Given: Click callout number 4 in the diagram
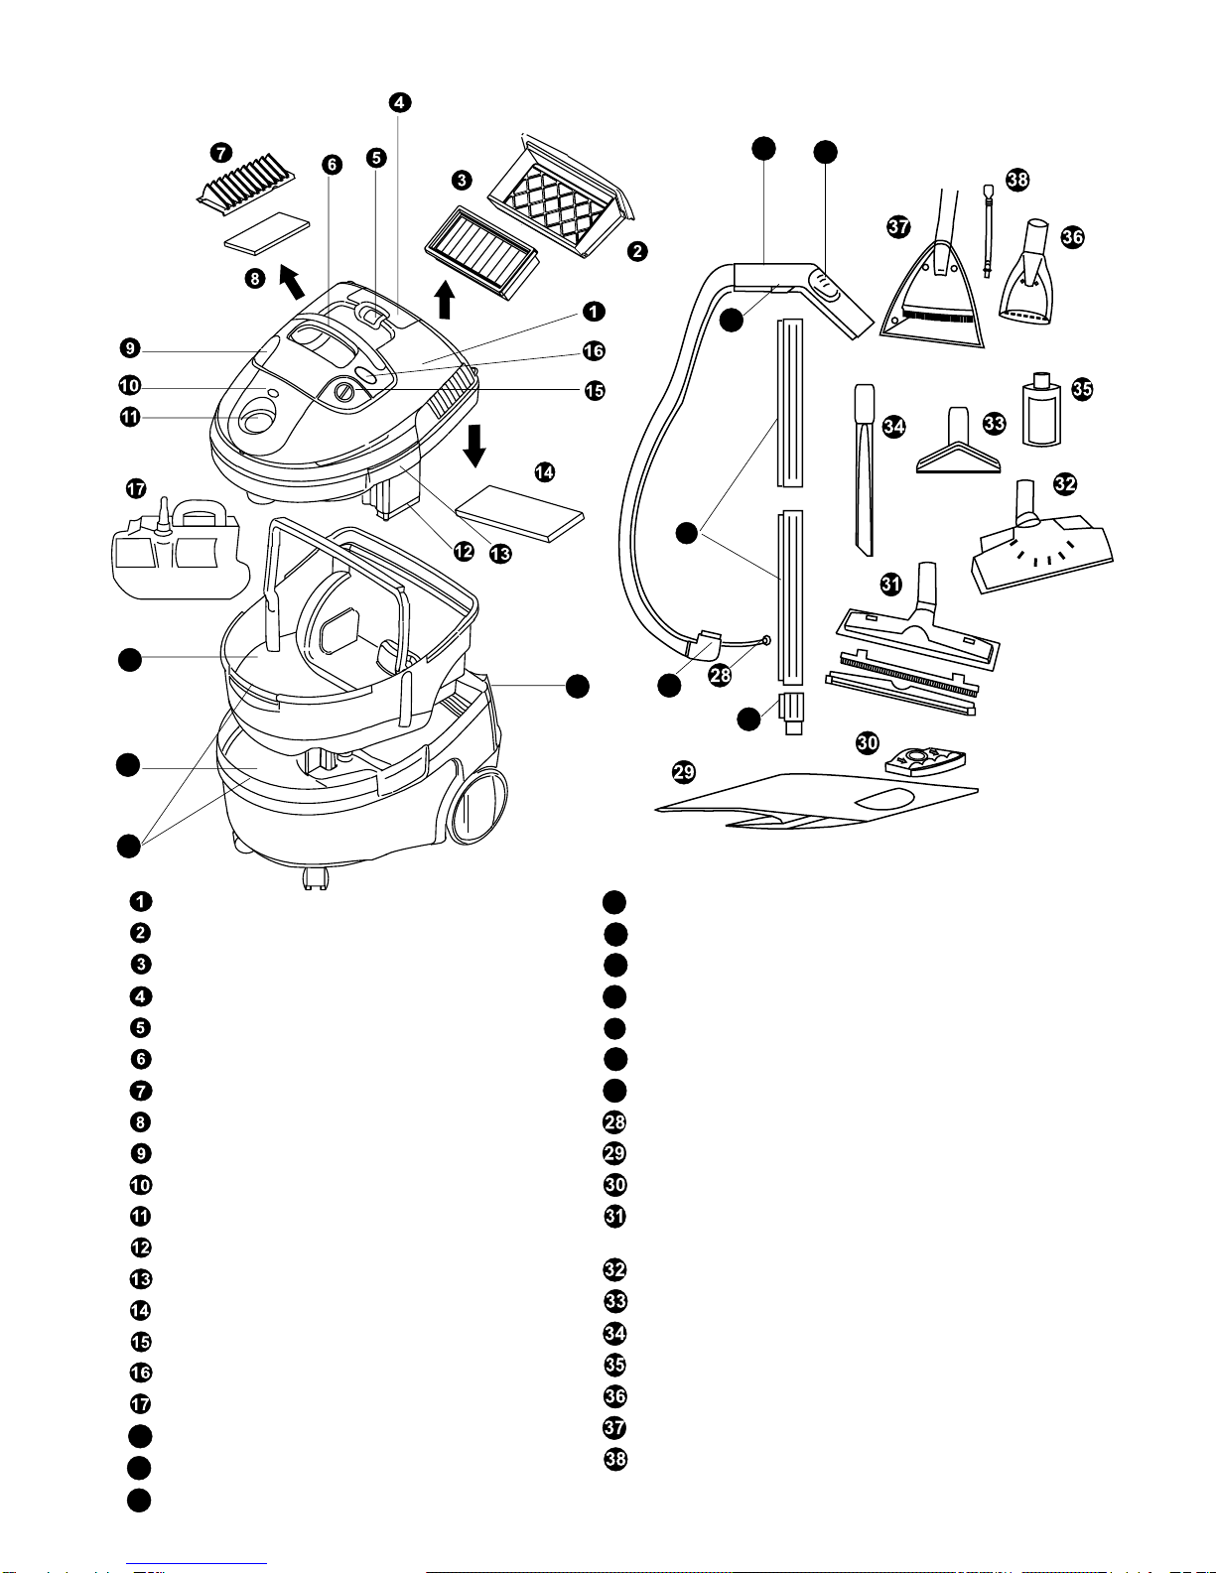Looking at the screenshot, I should point(399,102).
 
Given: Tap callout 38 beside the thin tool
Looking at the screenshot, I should point(1017,180).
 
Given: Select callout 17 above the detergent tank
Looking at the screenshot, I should point(136,488).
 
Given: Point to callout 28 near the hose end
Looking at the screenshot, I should point(720,675).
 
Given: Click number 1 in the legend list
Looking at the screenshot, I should point(141,901).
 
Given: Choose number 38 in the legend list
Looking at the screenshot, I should point(615,1459).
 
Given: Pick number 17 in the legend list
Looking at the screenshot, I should point(141,1404).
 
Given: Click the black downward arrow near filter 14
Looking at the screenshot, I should point(475,444).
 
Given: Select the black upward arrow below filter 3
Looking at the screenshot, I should point(446,299).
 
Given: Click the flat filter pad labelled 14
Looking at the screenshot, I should point(519,512).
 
